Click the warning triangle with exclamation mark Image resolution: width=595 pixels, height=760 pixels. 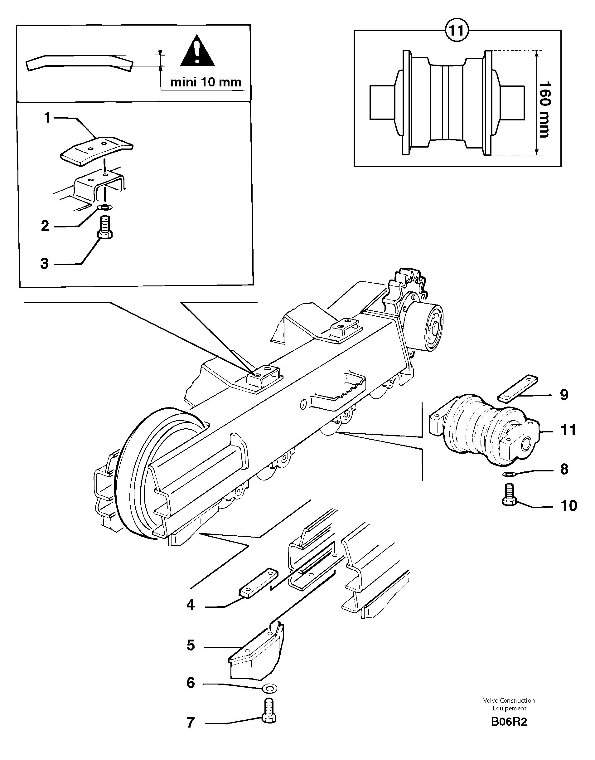pyautogui.click(x=197, y=51)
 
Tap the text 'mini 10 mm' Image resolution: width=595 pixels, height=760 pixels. pyautogui.click(x=206, y=82)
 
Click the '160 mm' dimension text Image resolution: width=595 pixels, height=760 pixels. pyautogui.click(x=544, y=110)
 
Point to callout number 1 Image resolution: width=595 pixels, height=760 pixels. pyautogui.click(x=47, y=118)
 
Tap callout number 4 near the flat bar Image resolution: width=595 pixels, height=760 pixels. pyautogui.click(x=190, y=605)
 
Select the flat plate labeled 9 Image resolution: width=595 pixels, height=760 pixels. pyautogui.click(x=518, y=388)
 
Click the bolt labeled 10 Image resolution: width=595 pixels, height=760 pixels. pyautogui.click(x=509, y=494)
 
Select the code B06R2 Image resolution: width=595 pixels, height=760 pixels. pyautogui.click(x=509, y=722)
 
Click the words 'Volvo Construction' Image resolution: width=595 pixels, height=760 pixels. pyautogui.click(x=509, y=700)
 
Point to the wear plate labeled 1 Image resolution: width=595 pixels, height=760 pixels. pyautogui.click(x=96, y=149)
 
